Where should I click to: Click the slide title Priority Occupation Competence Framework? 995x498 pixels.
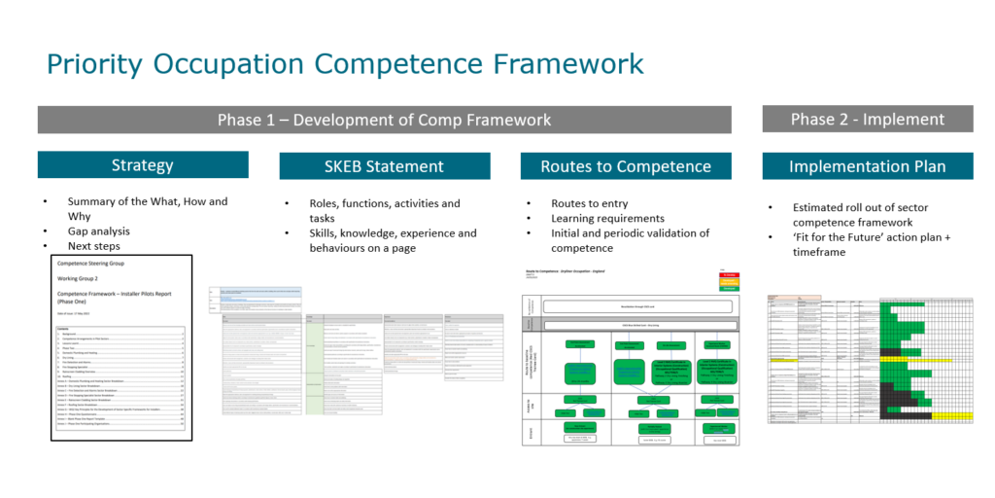(345, 63)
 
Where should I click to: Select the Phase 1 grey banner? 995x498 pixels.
(384, 120)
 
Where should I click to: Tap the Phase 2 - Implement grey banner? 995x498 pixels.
(867, 119)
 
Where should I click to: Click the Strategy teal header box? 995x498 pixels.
(143, 164)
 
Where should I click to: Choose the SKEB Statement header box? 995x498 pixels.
(384, 166)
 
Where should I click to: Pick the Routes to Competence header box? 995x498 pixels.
(625, 166)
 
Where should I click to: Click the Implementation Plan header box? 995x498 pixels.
(867, 166)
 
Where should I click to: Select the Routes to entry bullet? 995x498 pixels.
(590, 203)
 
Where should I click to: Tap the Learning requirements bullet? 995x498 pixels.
(608, 218)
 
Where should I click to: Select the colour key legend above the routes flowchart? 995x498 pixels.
(727, 282)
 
